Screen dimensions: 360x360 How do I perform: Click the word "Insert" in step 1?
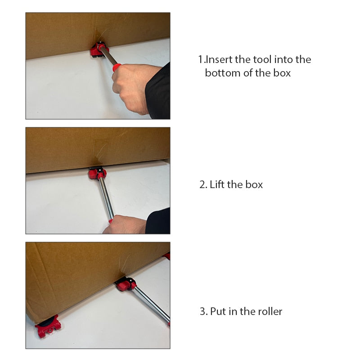pyautogui.click(x=219, y=59)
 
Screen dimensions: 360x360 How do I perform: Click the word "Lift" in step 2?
pyautogui.click(x=217, y=184)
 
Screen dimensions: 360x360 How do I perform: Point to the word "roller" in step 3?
pyautogui.click(x=270, y=311)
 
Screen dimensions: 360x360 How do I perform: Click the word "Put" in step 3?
pyautogui.click(x=218, y=311)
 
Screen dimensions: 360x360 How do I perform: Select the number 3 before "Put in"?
pyautogui.click(x=203, y=311)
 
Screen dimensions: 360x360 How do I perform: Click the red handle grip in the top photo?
pyautogui.click(x=117, y=67)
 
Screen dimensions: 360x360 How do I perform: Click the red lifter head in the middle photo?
pyautogui.click(x=98, y=173)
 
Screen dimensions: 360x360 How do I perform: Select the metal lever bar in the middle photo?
pyautogui.click(x=106, y=198)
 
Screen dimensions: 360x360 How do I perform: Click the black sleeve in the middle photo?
pyautogui.click(x=158, y=221)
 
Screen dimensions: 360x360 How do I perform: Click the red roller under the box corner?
pyautogui.click(x=48, y=326)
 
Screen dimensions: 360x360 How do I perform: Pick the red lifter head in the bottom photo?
pyautogui.click(x=126, y=284)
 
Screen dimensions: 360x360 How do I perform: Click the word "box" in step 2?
pyautogui.click(x=254, y=184)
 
